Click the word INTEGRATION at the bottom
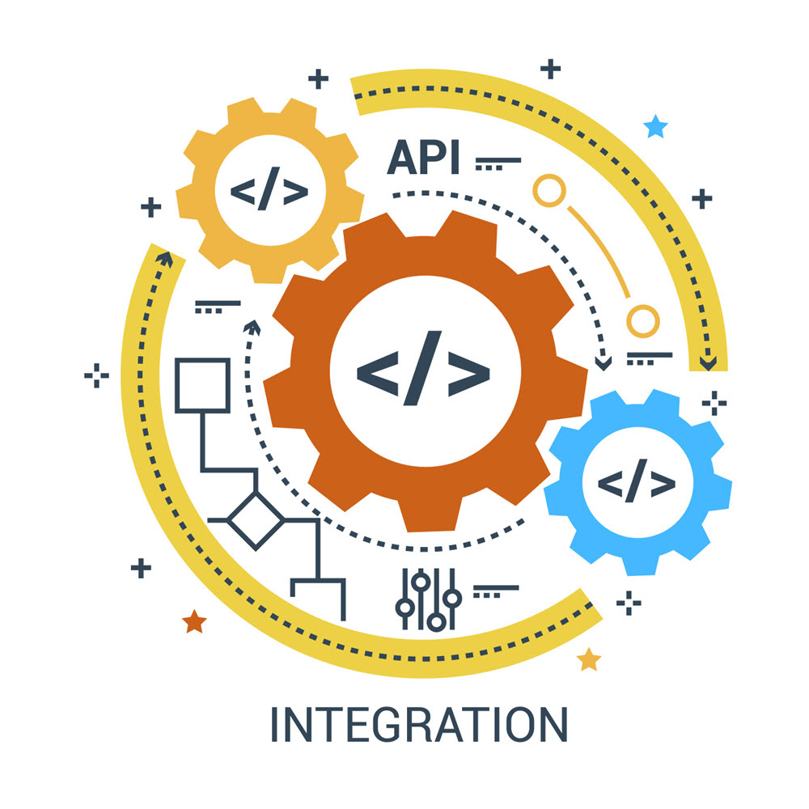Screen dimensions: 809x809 (418, 726)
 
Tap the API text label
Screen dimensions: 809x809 (423, 158)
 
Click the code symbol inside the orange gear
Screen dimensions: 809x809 (423, 368)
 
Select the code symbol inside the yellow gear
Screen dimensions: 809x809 (269, 192)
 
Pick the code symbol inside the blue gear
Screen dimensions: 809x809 (637, 483)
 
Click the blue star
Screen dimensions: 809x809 (655, 126)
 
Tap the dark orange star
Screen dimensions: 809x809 (194, 622)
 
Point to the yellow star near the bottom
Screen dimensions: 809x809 (589, 659)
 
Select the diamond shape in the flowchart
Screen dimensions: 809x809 (256, 519)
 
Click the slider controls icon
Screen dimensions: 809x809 (428, 599)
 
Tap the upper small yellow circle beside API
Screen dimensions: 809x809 (548, 191)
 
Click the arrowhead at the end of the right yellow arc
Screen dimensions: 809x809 (708, 363)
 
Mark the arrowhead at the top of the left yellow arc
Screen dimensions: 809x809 (165, 258)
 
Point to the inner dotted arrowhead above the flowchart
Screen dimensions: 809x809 (252, 326)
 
